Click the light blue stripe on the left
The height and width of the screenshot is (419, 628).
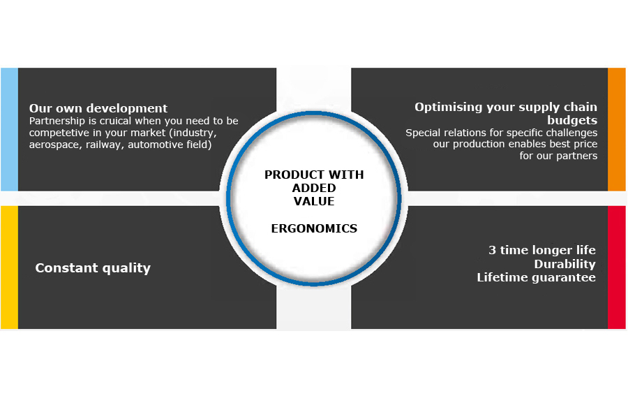click(9, 129)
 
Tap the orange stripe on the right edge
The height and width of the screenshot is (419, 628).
click(617, 129)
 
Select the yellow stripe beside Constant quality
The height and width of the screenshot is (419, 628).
click(9, 267)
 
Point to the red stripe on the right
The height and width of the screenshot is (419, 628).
click(617, 267)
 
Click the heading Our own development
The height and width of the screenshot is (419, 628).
click(98, 108)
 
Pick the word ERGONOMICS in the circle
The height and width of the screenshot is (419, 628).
click(314, 228)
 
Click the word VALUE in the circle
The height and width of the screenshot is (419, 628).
click(314, 201)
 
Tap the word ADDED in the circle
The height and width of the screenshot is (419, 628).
click(314, 188)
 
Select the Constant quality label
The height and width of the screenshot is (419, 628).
click(93, 268)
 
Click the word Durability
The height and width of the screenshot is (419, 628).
click(565, 264)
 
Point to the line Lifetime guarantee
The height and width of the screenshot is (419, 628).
click(537, 277)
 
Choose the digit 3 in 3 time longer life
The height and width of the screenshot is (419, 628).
click(492, 250)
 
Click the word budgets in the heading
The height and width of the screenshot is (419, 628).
click(572, 120)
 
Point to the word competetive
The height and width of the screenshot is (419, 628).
click(59, 133)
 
